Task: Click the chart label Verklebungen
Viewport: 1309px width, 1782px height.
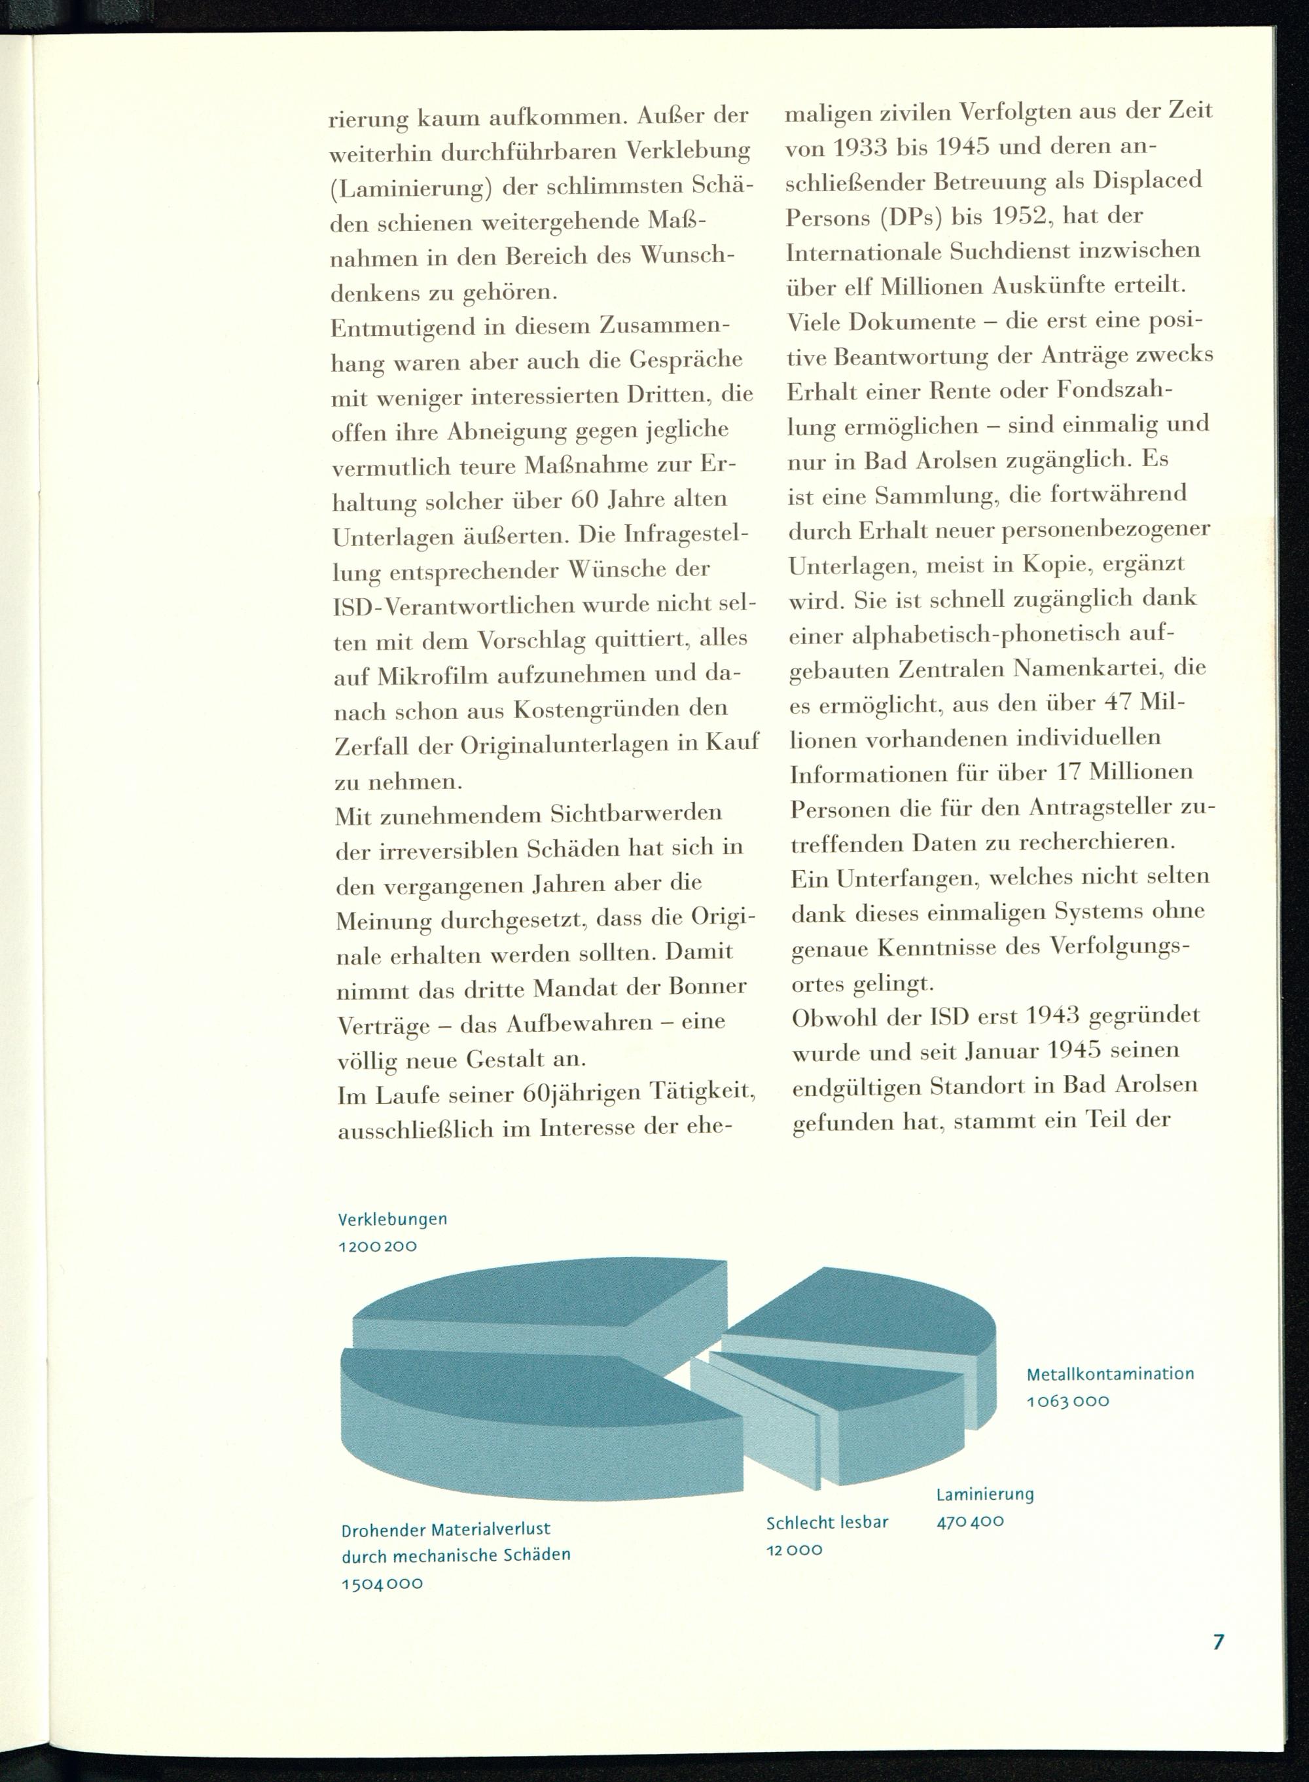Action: pyautogui.click(x=392, y=1220)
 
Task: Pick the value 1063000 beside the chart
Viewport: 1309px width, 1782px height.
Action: pyautogui.click(x=1067, y=1401)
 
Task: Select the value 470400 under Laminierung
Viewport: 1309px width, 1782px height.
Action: pyautogui.click(x=970, y=1522)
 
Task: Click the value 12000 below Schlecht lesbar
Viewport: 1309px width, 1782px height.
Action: pyautogui.click(x=794, y=1550)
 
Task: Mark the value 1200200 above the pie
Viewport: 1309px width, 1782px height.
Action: pyautogui.click(x=377, y=1246)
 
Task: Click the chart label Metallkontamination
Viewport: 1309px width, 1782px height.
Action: pyautogui.click(x=1109, y=1374)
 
